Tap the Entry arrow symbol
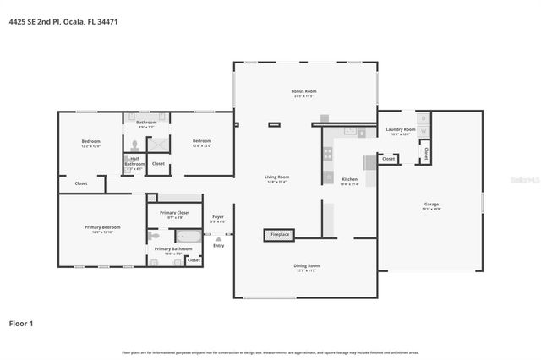click(x=219, y=239)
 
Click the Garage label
click(x=431, y=205)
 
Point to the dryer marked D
click(x=424, y=118)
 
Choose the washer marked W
click(x=424, y=130)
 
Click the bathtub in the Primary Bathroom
click(x=189, y=237)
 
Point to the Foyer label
click(x=218, y=218)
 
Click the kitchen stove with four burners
click(x=328, y=154)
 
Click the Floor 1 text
click(x=21, y=323)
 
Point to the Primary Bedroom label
click(x=101, y=228)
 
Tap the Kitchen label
click(x=349, y=180)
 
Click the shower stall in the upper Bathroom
click(x=158, y=144)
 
